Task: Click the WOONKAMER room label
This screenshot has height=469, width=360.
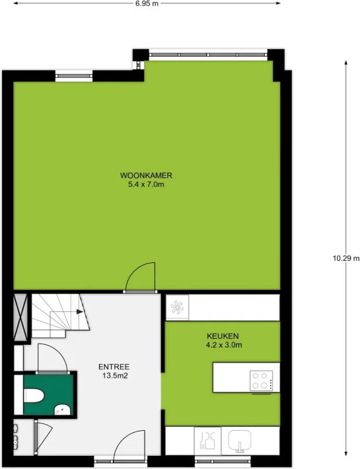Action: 146,175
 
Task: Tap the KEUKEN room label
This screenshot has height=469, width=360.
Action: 223,336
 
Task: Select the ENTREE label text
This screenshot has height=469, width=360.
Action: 114,367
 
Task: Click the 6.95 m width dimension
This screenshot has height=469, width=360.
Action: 147,3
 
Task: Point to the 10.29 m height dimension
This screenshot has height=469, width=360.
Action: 346,258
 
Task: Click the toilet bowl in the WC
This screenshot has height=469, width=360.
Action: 34,396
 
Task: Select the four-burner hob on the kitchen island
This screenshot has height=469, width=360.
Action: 262,380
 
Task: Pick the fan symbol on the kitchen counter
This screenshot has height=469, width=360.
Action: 177,307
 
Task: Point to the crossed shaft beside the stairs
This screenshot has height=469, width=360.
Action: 21,318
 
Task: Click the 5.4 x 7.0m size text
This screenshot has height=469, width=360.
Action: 146,184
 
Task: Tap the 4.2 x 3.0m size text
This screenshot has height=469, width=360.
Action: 224,345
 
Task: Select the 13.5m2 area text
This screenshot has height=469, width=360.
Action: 115,376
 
